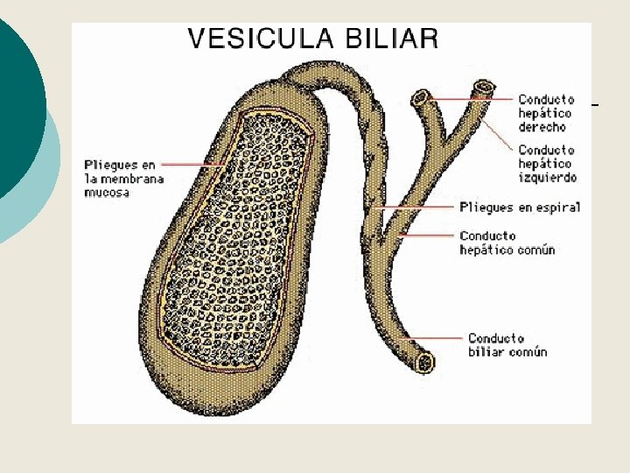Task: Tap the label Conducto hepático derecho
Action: click(545, 113)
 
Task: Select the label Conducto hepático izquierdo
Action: click(547, 164)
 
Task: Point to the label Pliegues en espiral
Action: click(520, 207)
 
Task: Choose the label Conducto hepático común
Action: click(507, 243)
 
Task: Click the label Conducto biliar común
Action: click(507, 345)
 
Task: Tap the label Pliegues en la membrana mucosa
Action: click(120, 178)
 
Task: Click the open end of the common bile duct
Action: click(426, 361)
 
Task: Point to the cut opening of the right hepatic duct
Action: click(422, 96)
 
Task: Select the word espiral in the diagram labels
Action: click(559, 207)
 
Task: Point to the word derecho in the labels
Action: click(542, 127)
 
